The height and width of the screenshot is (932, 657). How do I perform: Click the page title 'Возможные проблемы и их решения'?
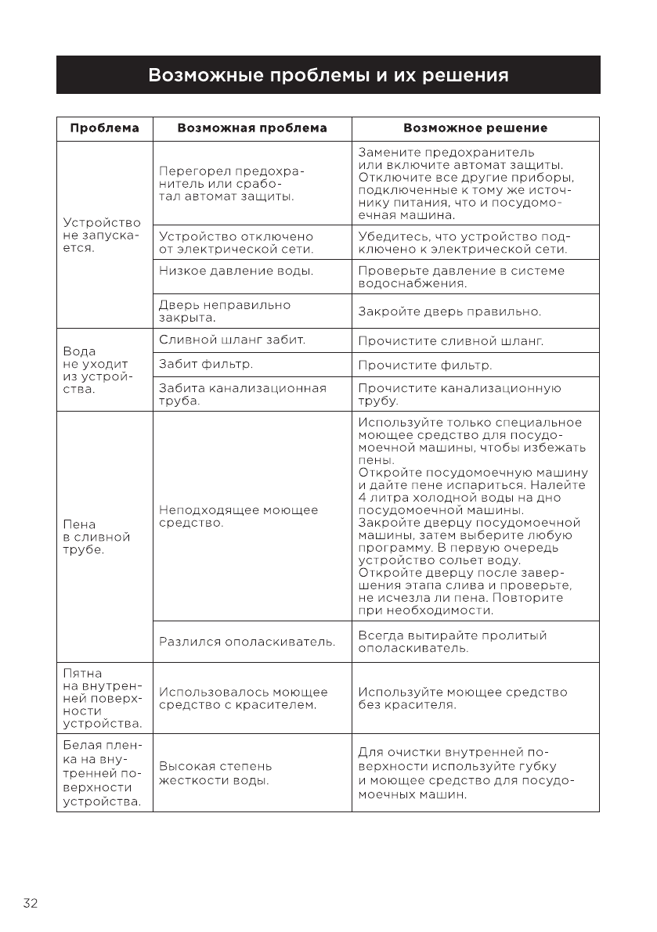pyautogui.click(x=328, y=76)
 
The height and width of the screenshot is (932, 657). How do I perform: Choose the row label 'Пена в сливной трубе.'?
pyautogui.click(x=96, y=538)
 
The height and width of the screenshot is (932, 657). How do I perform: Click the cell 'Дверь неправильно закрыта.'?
pyautogui.click(x=225, y=311)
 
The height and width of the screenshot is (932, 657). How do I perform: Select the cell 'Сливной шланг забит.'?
pyautogui.click(x=232, y=340)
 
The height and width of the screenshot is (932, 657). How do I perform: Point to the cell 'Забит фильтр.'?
pyautogui.click(x=206, y=365)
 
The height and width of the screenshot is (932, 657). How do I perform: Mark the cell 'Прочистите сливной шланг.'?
pyautogui.click(x=450, y=341)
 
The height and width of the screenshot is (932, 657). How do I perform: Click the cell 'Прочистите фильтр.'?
pyautogui.click(x=424, y=365)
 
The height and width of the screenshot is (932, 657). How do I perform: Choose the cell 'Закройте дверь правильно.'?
pyautogui.click(x=449, y=312)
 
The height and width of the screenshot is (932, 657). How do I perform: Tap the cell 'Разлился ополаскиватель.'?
pyautogui.click(x=247, y=642)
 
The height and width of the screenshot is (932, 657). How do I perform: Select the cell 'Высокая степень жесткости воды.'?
pyautogui.click(x=215, y=773)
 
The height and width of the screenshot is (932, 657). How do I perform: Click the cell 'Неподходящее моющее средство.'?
pyautogui.click(x=238, y=516)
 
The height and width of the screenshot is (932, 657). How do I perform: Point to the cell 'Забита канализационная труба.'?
pyautogui.click(x=242, y=394)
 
